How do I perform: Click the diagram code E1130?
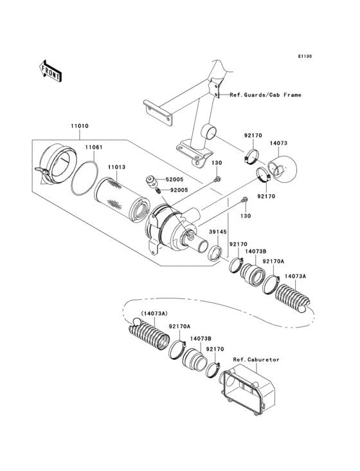click(x=304, y=57)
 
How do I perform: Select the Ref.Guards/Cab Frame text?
click(x=265, y=95)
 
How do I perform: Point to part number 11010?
click(x=80, y=127)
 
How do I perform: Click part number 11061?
click(x=94, y=147)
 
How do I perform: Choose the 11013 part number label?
click(x=116, y=167)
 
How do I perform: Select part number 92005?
click(x=179, y=190)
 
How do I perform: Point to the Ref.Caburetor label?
click(x=249, y=359)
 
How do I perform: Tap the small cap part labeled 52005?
click(x=153, y=180)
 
